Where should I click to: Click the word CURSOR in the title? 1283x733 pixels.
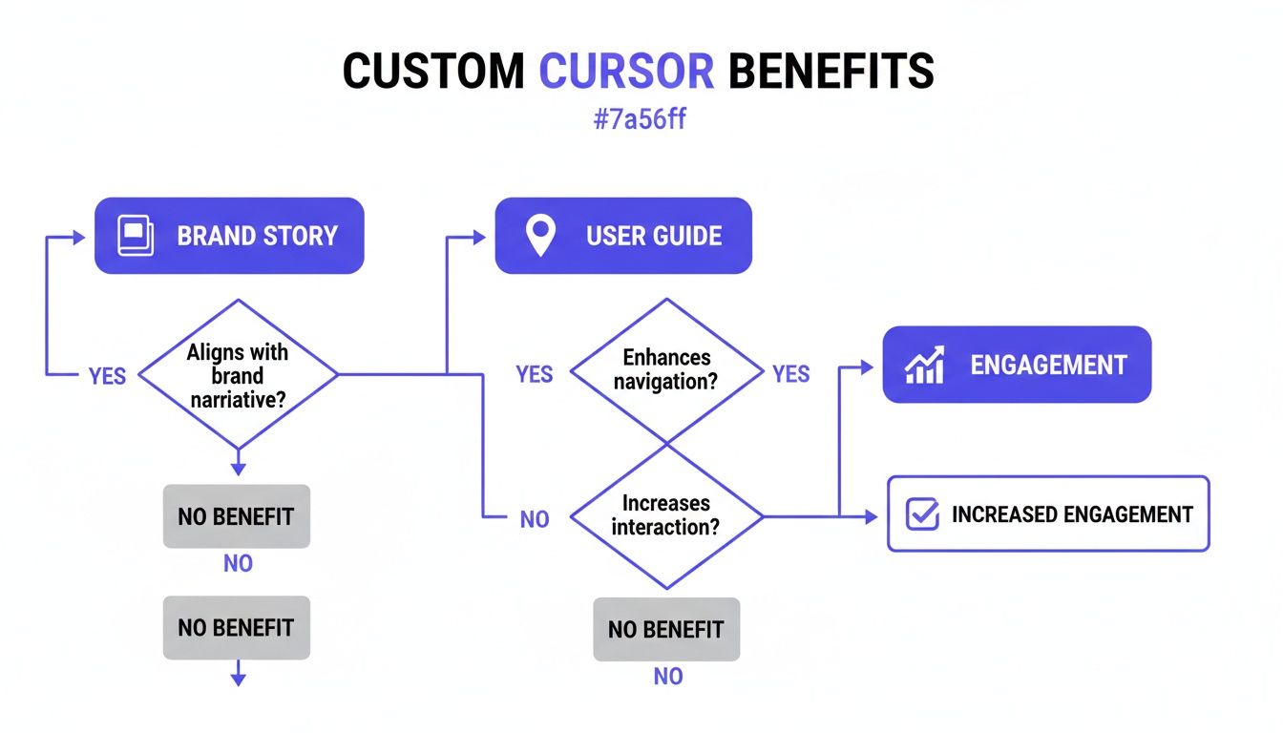(x=626, y=72)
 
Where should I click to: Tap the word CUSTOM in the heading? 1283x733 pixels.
(x=432, y=72)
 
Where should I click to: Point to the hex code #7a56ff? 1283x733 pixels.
(x=641, y=122)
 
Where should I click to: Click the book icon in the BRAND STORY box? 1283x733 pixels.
(x=135, y=236)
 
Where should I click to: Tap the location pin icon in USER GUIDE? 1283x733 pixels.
(x=540, y=236)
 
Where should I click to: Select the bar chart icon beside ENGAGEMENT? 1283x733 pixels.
(x=924, y=365)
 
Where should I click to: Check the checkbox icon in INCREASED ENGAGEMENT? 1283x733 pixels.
(x=921, y=514)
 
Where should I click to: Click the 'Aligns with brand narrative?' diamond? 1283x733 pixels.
(x=239, y=375)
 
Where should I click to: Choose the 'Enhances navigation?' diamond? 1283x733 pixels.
(x=666, y=370)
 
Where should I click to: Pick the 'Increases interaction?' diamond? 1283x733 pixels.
(x=666, y=515)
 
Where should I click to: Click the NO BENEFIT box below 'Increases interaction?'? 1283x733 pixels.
(x=666, y=629)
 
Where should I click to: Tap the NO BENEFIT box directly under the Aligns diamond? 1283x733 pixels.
(x=236, y=516)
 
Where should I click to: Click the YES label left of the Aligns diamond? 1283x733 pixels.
(x=107, y=376)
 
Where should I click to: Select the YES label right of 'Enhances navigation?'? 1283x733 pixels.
(x=790, y=373)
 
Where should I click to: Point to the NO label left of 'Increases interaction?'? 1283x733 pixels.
(x=535, y=520)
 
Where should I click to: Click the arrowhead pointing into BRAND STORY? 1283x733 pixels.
(x=79, y=236)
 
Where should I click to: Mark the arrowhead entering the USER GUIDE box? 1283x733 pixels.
(x=480, y=236)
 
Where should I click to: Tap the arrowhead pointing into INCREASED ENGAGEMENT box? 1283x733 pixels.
(x=871, y=516)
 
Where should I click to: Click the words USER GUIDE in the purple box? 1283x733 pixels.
(x=654, y=236)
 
